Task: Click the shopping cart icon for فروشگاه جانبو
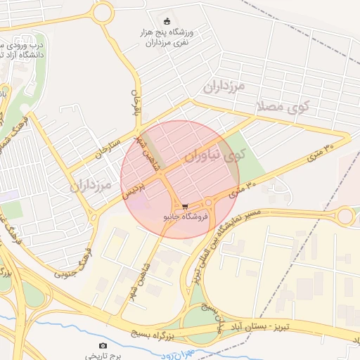click(x=185, y=207)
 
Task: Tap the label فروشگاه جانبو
click(x=185, y=217)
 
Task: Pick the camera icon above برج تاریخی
click(x=103, y=345)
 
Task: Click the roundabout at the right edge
click(x=345, y=217)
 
